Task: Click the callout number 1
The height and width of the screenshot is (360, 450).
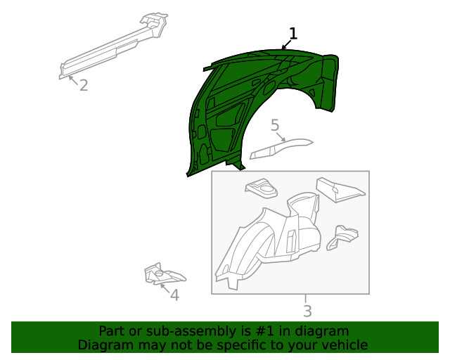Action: tap(293, 33)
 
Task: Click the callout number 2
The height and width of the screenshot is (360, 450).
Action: tap(83, 86)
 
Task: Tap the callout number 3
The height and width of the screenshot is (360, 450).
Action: tap(307, 311)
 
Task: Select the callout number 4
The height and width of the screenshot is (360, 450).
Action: tap(174, 295)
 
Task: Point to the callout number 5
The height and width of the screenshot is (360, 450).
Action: tap(275, 125)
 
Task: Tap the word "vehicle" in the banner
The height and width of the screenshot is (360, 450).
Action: tap(345, 345)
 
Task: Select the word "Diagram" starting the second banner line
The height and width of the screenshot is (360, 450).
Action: tap(103, 345)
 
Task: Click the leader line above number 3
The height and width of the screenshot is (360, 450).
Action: tap(306, 298)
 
